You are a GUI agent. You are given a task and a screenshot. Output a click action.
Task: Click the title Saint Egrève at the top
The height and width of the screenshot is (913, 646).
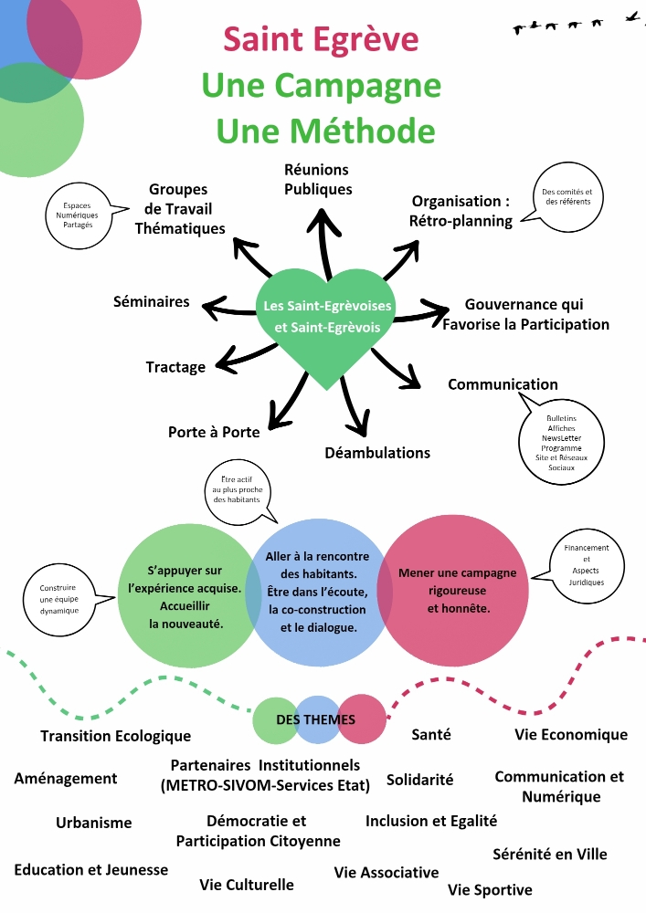click(321, 39)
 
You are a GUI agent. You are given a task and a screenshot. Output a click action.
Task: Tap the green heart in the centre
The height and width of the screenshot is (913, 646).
click(327, 320)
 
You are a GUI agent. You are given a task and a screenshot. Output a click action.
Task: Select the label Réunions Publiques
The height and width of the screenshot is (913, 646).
click(317, 180)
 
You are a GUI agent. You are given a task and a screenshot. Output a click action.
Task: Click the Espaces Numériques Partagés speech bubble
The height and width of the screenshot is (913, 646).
click(79, 215)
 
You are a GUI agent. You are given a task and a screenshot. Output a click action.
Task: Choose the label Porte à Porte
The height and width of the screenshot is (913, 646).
click(214, 432)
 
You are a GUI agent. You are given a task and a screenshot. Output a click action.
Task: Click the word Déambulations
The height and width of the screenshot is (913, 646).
click(377, 453)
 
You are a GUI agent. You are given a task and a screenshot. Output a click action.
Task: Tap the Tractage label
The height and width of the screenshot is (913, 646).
click(175, 367)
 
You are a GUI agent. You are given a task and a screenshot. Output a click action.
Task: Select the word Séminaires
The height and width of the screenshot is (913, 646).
click(152, 301)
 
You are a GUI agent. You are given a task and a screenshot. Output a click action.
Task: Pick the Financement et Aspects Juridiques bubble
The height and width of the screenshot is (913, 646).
click(586, 565)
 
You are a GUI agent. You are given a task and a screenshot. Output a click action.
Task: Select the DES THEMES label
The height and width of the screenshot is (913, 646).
click(316, 719)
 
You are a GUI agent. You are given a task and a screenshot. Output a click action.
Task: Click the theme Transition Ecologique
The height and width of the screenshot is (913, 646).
click(115, 736)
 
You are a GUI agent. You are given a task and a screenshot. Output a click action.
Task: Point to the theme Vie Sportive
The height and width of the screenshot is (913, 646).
click(490, 889)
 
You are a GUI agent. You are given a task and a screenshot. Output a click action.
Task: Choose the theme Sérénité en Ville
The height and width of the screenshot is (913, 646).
click(549, 855)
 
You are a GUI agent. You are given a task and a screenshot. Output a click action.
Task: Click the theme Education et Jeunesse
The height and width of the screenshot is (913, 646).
click(91, 869)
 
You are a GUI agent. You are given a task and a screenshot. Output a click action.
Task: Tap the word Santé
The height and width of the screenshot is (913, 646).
click(431, 734)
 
